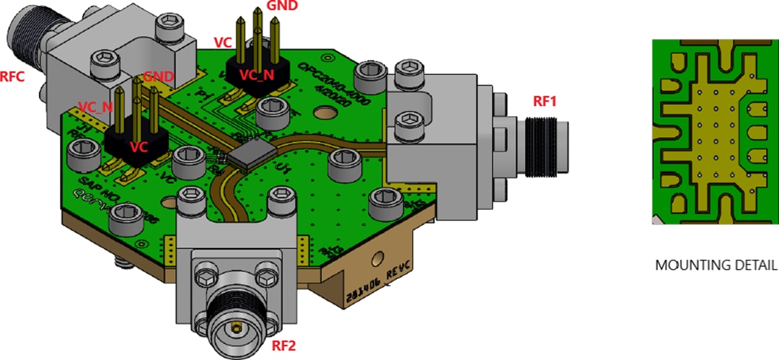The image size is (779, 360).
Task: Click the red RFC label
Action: pos(14,76)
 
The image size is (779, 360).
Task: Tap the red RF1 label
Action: pos(546,102)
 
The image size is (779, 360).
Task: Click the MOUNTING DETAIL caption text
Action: pos(716,265)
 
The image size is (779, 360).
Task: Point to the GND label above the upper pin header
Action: pos(281,6)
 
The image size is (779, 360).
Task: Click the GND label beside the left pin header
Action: pos(158,76)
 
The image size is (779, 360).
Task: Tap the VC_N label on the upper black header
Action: pos(257,74)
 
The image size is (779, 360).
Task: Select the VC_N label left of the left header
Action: pos(96,107)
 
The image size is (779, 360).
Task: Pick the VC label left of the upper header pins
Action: pos(223,43)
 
